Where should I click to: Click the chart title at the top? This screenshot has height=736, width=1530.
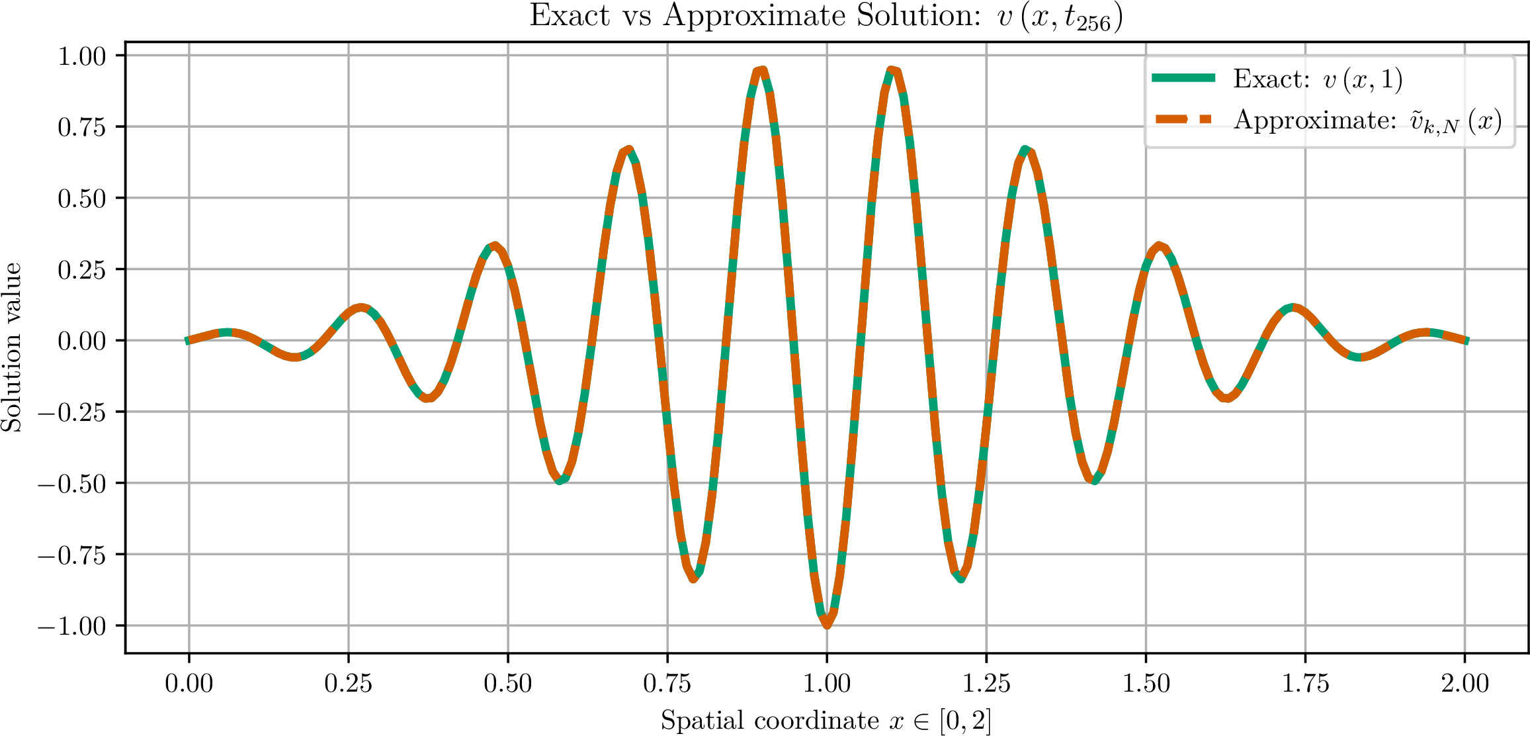point(826,17)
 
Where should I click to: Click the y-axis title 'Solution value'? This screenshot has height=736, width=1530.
point(12,347)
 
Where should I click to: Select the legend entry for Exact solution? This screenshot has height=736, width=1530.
point(1277,79)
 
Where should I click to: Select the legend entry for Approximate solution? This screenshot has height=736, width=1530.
point(1326,120)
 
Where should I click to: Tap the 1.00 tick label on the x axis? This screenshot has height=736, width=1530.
point(827,684)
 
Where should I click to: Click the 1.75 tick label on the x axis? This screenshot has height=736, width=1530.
point(1305,684)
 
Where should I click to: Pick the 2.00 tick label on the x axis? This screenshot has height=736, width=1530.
point(1465,684)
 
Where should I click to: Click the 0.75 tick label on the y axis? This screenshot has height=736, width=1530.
point(81,127)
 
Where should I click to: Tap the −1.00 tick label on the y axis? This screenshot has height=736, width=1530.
point(71,626)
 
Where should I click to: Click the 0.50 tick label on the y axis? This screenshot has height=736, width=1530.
point(81,199)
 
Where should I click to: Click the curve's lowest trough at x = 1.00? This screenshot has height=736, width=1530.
point(827,624)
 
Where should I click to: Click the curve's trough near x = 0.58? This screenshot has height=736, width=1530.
point(560,480)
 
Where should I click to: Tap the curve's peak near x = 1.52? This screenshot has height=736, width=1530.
point(1158,246)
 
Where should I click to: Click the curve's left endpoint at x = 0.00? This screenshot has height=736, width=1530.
point(188,341)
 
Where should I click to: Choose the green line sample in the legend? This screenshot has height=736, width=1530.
point(1183,77)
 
